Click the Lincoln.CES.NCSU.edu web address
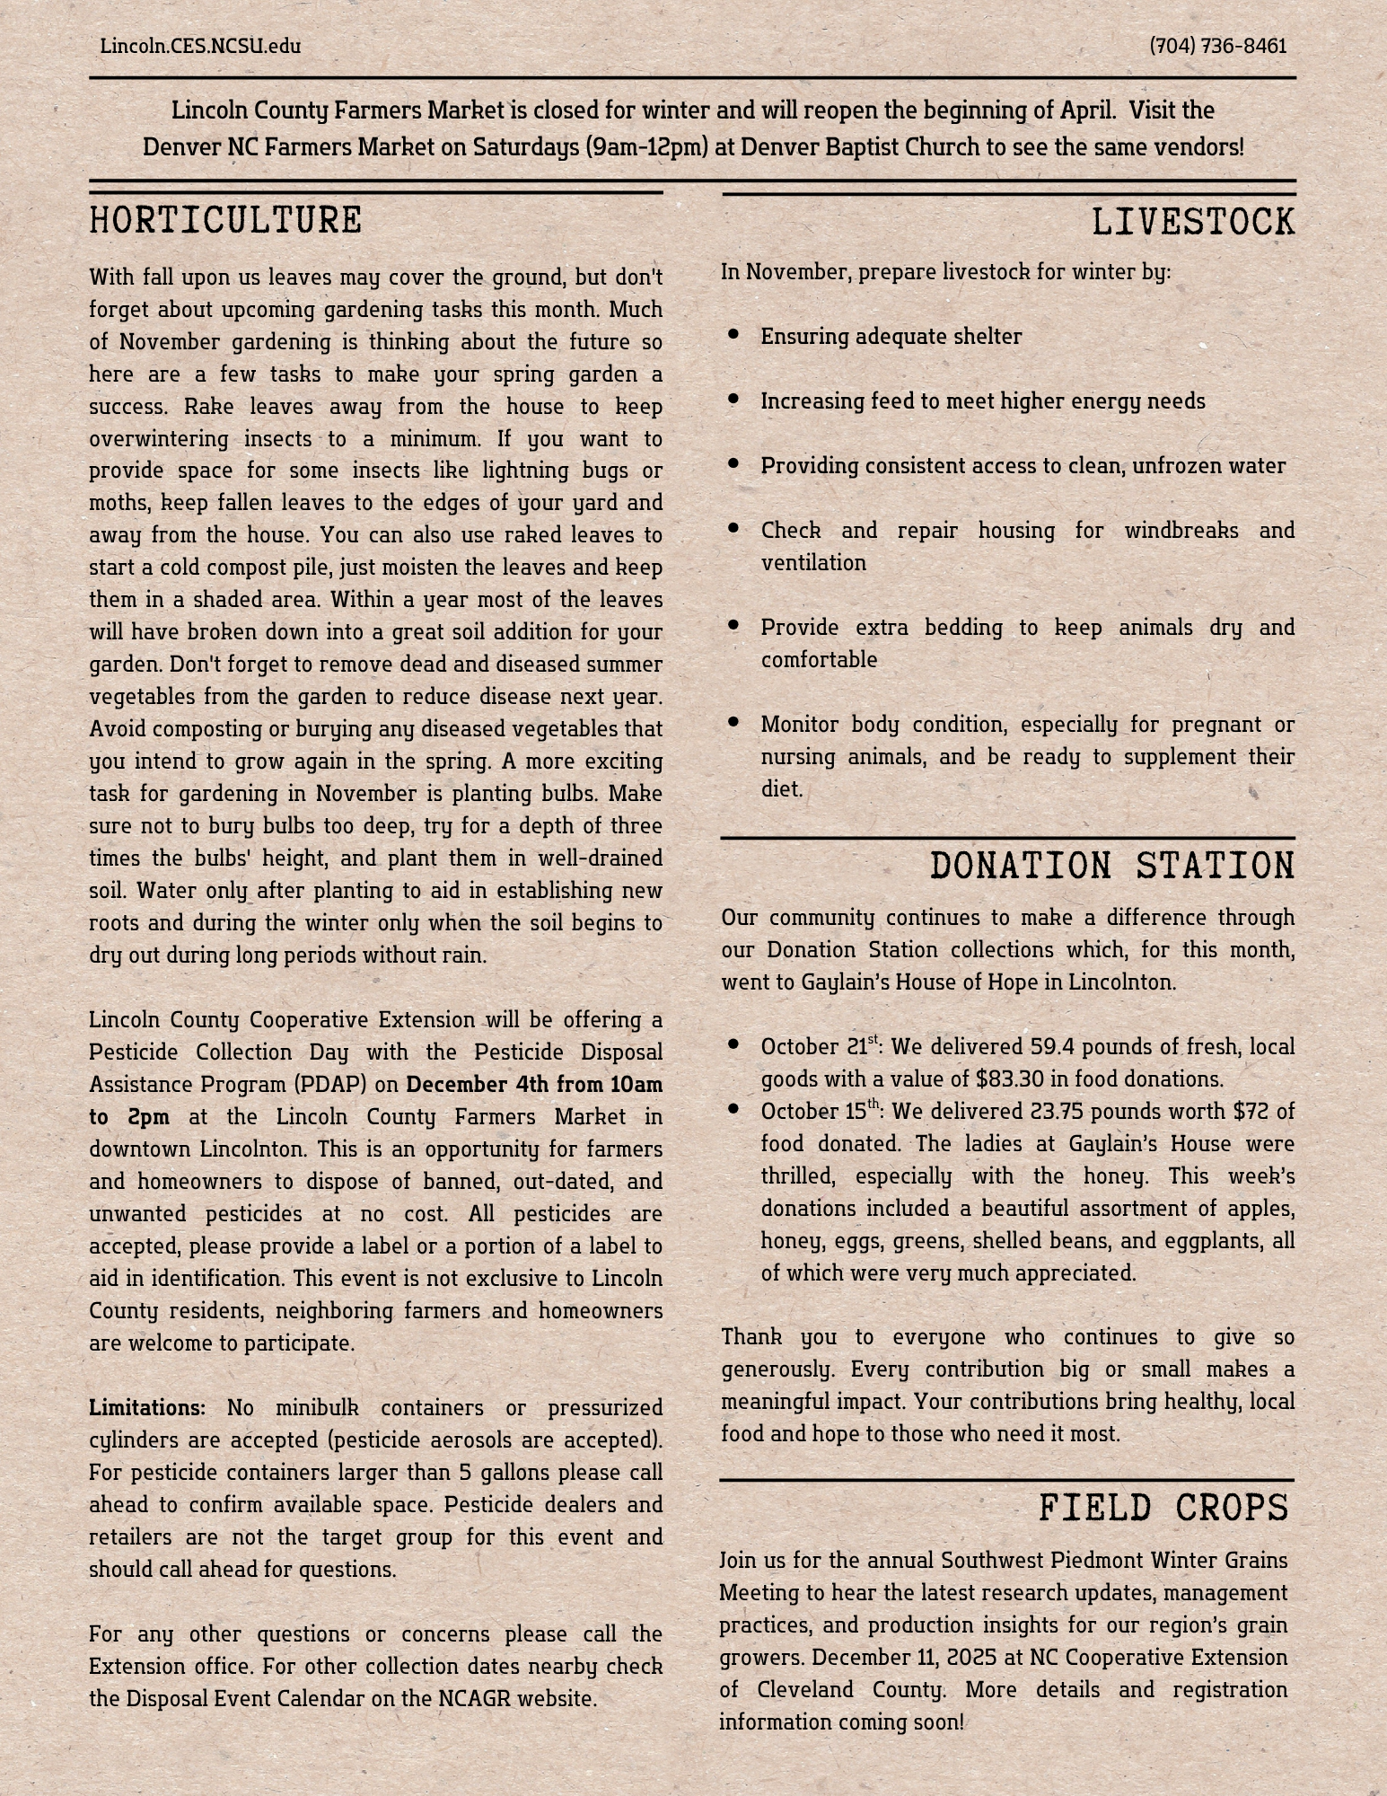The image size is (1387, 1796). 200,46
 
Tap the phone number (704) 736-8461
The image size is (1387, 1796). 1217,46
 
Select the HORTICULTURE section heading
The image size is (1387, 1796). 225,221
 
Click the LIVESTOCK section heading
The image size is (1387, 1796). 1193,223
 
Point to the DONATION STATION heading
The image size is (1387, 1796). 1112,867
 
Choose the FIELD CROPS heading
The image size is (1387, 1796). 1163,1509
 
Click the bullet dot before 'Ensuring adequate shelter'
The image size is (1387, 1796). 733,334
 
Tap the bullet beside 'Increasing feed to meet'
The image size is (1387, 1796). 733,399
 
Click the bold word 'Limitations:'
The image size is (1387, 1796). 147,1407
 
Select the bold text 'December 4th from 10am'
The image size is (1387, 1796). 534,1085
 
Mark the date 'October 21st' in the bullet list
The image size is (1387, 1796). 819,1047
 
